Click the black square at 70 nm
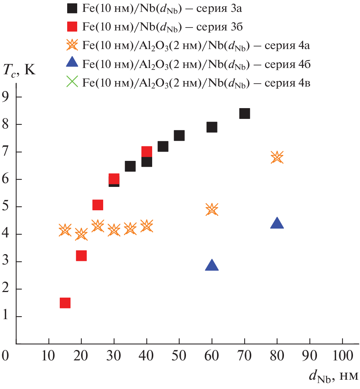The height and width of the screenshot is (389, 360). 245,113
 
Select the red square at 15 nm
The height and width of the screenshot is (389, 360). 65,303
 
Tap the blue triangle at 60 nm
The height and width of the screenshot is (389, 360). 212,265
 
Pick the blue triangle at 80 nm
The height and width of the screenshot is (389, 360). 277,223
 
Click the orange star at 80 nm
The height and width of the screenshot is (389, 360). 277,157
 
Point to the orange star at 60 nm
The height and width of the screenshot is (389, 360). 212,209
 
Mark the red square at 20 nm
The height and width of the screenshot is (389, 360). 81,256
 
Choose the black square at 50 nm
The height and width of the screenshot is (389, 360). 179,135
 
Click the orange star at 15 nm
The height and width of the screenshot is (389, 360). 65,230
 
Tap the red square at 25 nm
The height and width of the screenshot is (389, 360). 98,205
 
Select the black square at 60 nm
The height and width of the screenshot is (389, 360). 212,127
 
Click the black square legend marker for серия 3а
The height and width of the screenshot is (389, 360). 72,8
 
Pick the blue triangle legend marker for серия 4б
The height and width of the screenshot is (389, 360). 72,63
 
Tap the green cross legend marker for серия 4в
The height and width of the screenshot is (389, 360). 72,81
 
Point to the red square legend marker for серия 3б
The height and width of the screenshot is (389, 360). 72,26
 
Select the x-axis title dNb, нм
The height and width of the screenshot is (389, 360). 333,376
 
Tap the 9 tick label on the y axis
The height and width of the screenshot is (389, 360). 7,97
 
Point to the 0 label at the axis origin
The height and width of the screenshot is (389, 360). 5,356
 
